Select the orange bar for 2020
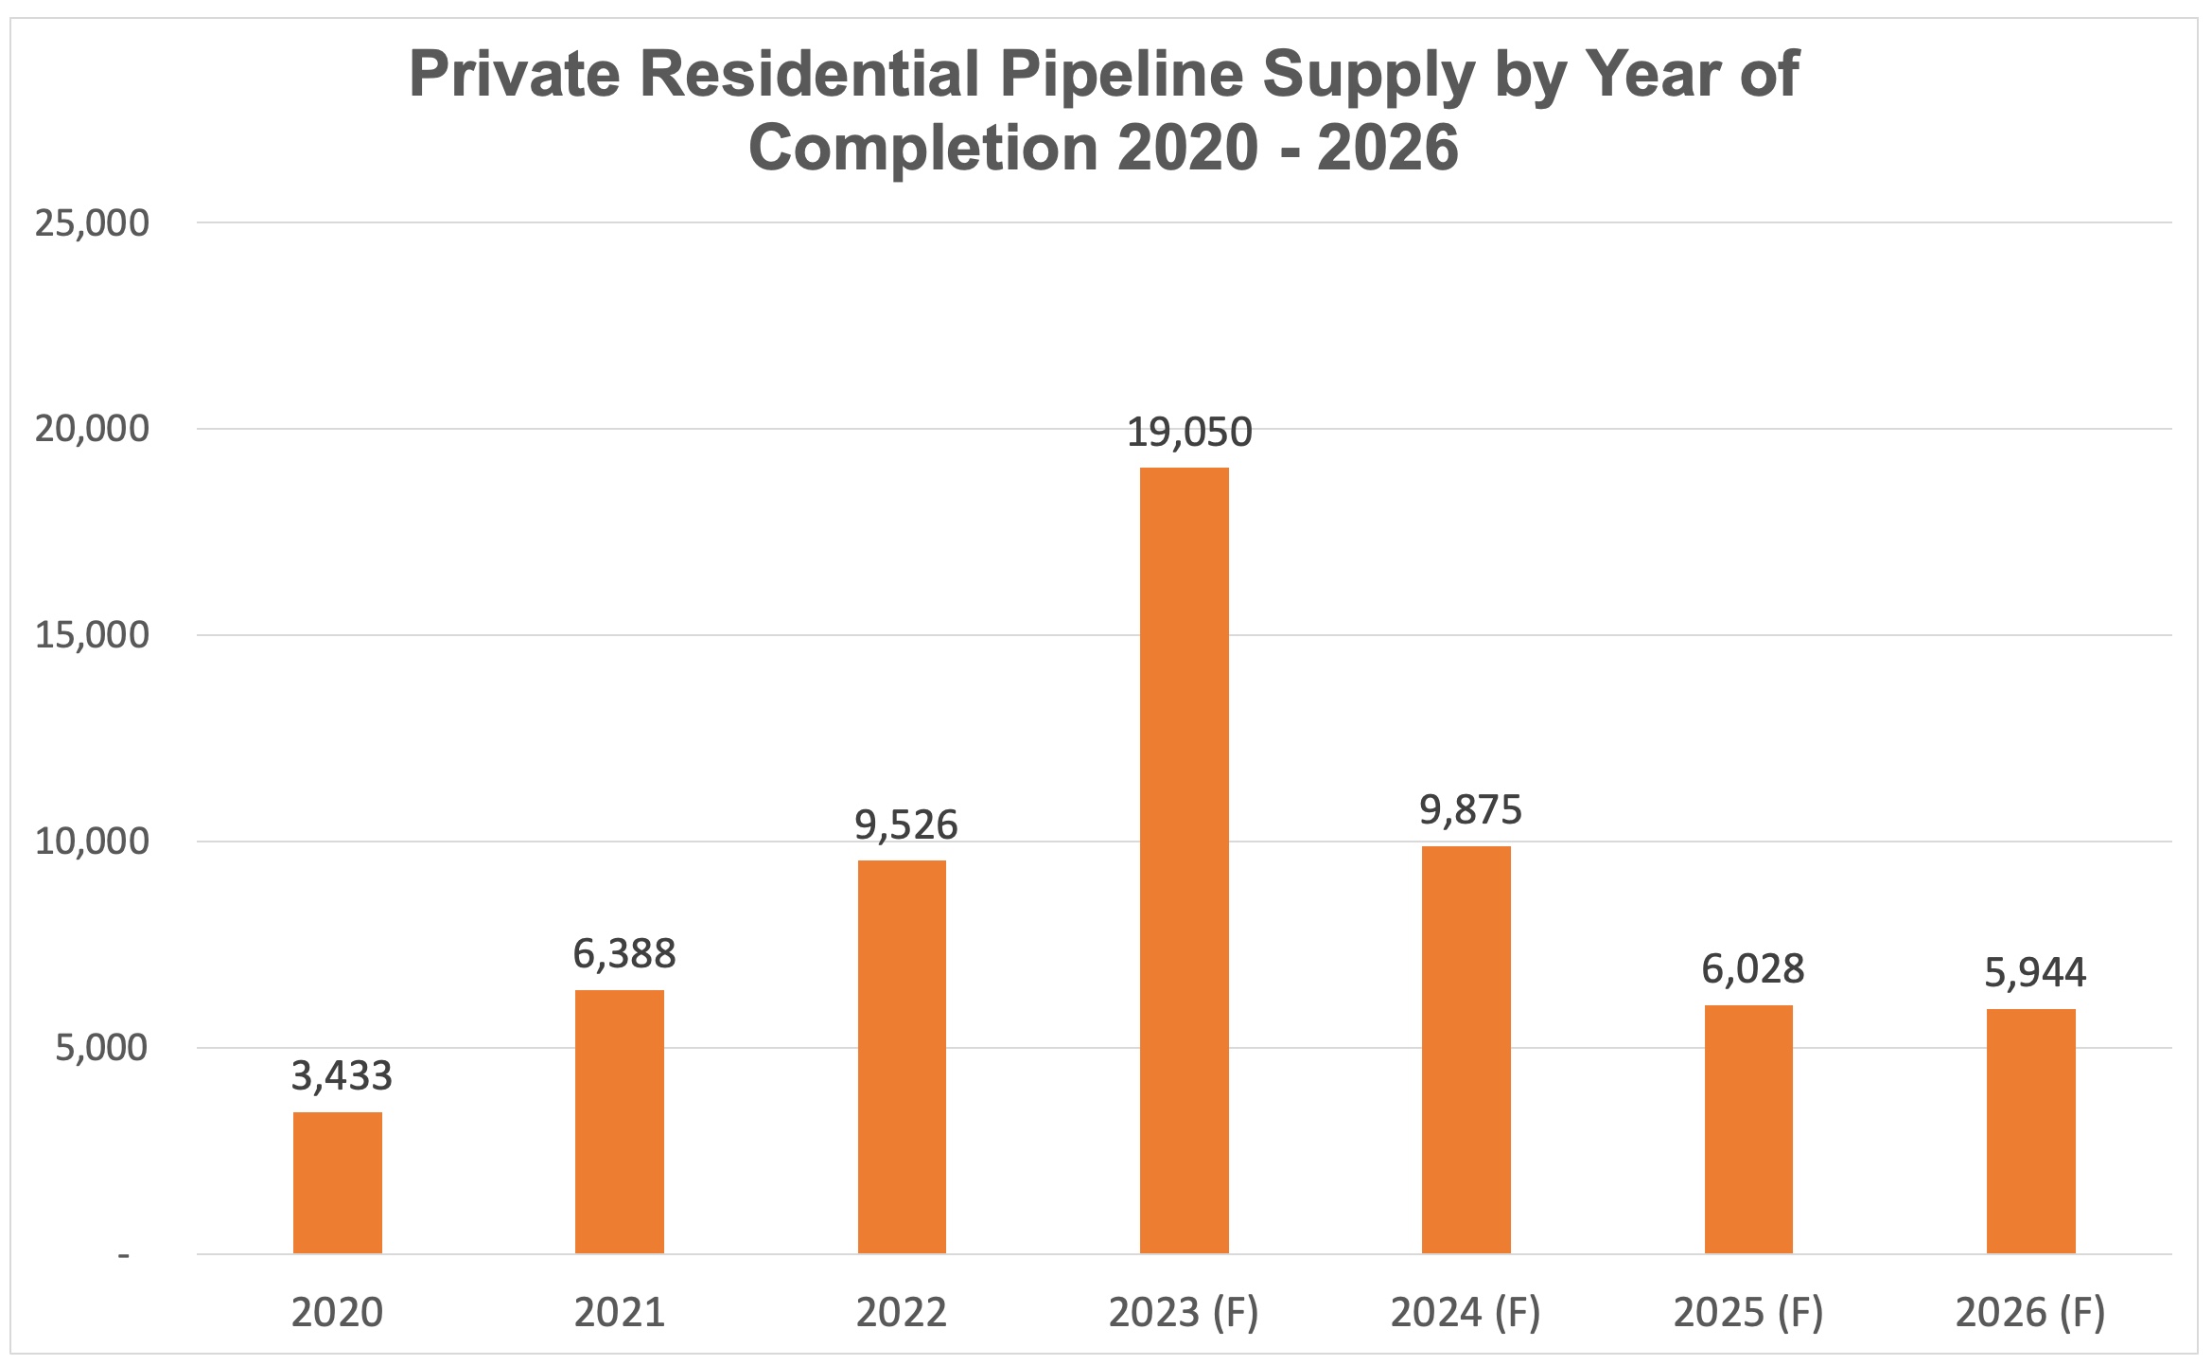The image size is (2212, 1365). pos(337,1182)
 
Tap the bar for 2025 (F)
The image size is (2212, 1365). pos(1747,1128)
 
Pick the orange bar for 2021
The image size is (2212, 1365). pos(619,1121)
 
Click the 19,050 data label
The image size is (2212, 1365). pos(1188,433)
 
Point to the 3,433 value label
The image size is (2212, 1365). pos(341,1076)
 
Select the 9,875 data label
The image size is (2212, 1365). pos(1470,810)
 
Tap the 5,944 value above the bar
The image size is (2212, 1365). pos(2034,973)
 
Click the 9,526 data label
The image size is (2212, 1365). pos(905,825)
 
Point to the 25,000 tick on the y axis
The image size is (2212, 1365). pos(92,223)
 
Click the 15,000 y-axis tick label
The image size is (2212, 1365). pos(92,635)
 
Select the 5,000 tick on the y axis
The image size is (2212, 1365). pos(101,1048)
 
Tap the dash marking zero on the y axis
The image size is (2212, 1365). pos(123,1256)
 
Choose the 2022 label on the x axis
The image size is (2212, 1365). pos(901,1313)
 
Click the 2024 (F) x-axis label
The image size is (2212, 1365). pos(1465,1313)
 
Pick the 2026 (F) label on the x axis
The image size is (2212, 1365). pos(2029,1313)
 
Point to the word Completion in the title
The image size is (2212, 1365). pos(923,148)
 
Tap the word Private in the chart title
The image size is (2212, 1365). pos(514,74)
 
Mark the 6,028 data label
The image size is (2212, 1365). pos(1752,969)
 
